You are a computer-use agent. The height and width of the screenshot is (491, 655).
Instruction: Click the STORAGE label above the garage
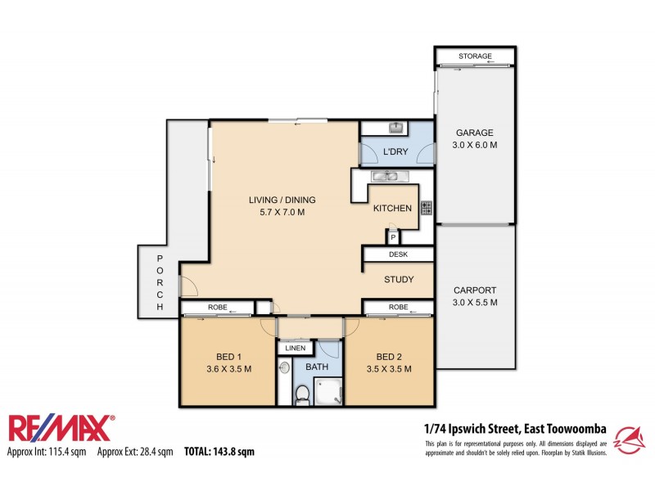point(475,56)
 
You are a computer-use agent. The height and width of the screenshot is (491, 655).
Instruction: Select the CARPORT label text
point(475,291)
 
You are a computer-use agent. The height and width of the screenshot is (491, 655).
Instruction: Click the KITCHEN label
point(392,208)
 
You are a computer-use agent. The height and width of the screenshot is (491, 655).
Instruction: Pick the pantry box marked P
point(393,237)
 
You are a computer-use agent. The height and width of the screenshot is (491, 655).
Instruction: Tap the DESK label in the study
point(398,255)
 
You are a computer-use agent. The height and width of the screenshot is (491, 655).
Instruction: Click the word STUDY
point(399,280)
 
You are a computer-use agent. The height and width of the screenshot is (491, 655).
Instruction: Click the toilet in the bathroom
point(301,394)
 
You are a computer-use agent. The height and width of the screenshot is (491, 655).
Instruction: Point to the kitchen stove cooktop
point(426,208)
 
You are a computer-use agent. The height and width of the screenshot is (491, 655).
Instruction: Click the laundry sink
point(395,128)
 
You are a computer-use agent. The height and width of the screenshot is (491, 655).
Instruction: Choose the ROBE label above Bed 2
point(398,308)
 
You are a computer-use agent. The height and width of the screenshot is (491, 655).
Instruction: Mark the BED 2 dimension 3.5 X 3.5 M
point(387,369)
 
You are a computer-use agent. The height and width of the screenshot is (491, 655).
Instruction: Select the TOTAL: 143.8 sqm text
point(219,451)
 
